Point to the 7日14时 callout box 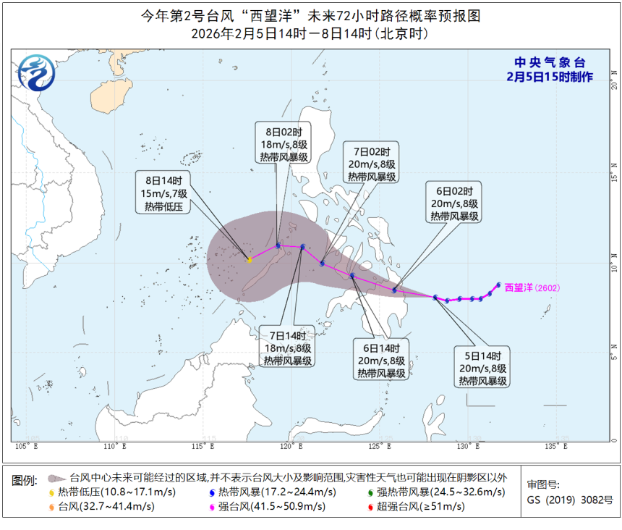click(x=288, y=348)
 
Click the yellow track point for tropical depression click(x=250, y=260)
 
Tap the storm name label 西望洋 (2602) click(x=532, y=287)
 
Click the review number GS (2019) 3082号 click(x=570, y=500)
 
